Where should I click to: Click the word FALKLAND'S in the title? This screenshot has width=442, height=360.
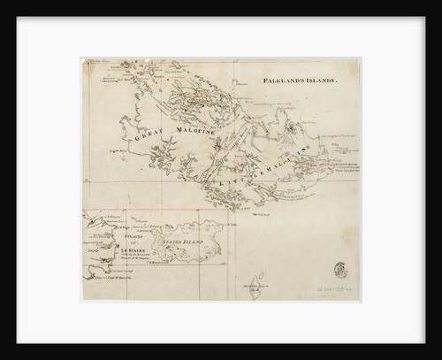pyautogui.click(x=282, y=80)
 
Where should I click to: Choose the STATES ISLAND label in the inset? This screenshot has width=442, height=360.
pyautogui.click(x=179, y=239)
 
